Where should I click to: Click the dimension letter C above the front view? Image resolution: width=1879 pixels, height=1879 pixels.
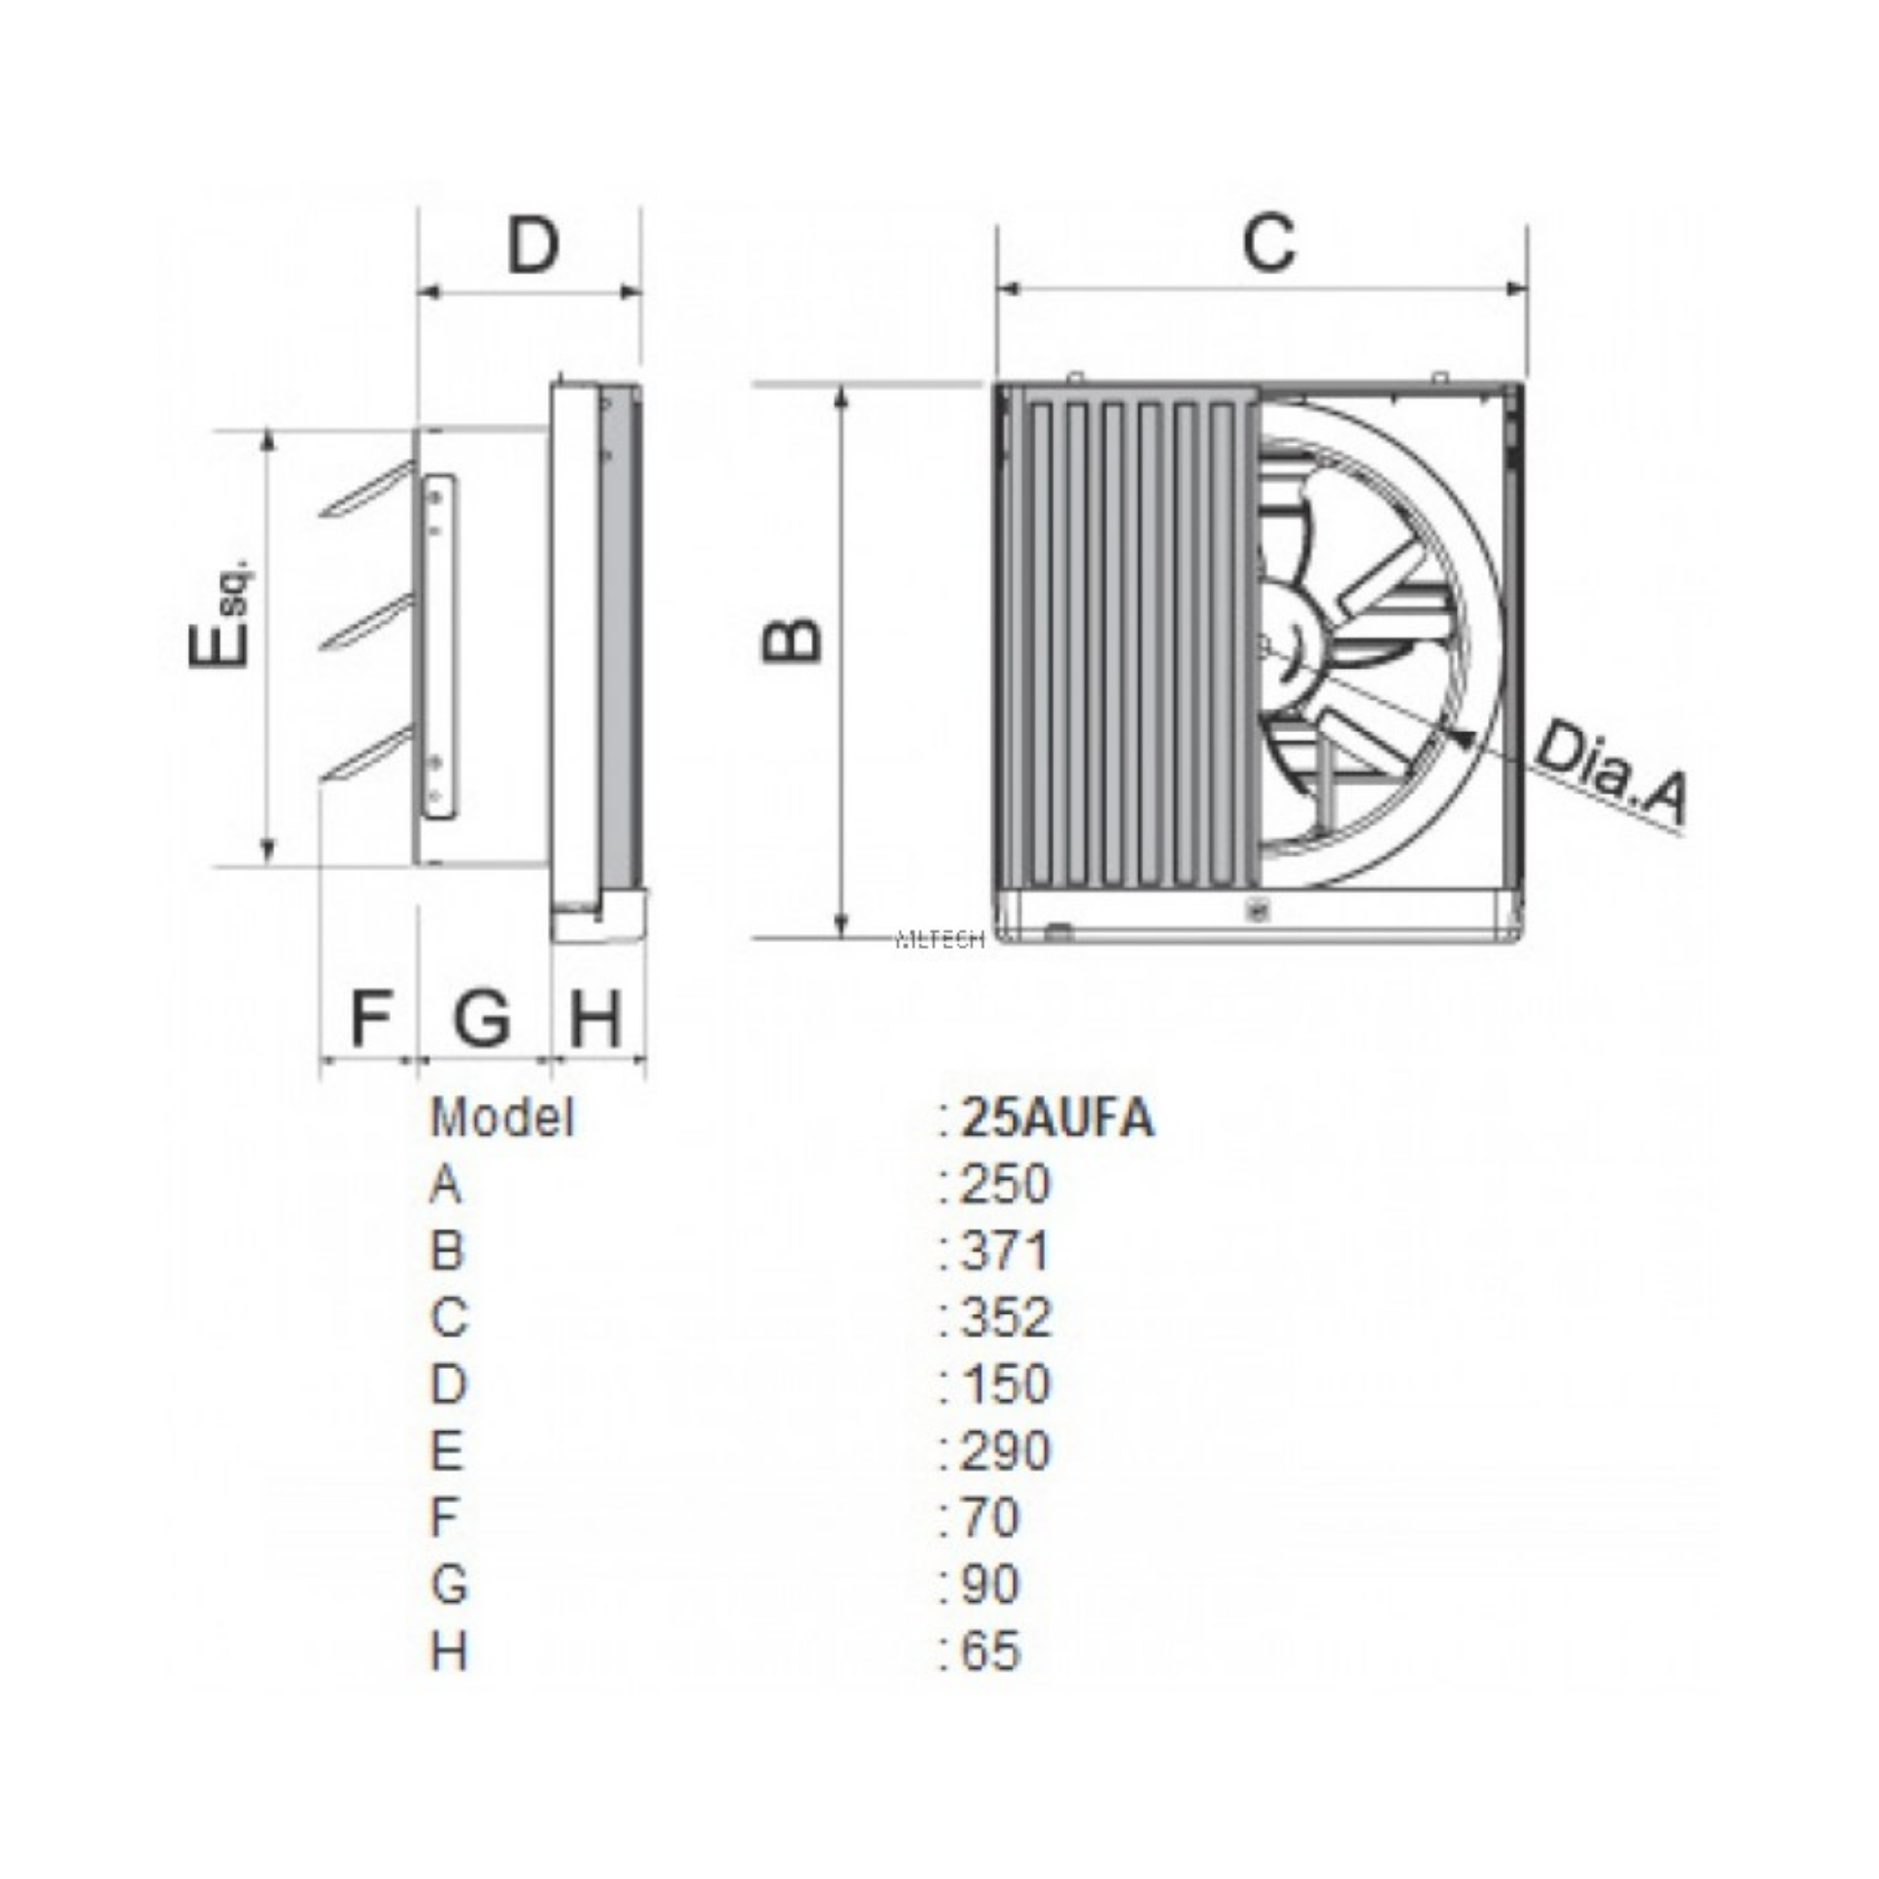(1269, 241)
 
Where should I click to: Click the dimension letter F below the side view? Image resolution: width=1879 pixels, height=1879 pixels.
(370, 1018)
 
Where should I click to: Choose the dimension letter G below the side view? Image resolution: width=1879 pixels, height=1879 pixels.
(482, 1018)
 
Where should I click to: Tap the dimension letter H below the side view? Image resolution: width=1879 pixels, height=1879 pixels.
(595, 1018)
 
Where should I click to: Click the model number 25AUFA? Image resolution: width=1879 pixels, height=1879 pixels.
(1056, 1119)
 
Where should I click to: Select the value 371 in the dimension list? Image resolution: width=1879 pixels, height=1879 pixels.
(1005, 1251)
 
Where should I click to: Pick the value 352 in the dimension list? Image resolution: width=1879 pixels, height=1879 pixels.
(1005, 1318)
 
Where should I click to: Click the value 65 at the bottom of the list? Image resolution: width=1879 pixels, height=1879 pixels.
(990, 1651)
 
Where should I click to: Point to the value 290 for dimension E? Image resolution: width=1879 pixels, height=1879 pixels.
(1005, 1451)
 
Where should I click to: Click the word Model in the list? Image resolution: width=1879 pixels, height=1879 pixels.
(502, 1117)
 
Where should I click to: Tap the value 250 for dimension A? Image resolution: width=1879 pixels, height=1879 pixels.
(1005, 1184)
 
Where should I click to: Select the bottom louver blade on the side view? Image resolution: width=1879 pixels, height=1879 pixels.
(368, 755)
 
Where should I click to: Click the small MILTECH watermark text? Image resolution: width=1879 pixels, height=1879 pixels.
(939, 939)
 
